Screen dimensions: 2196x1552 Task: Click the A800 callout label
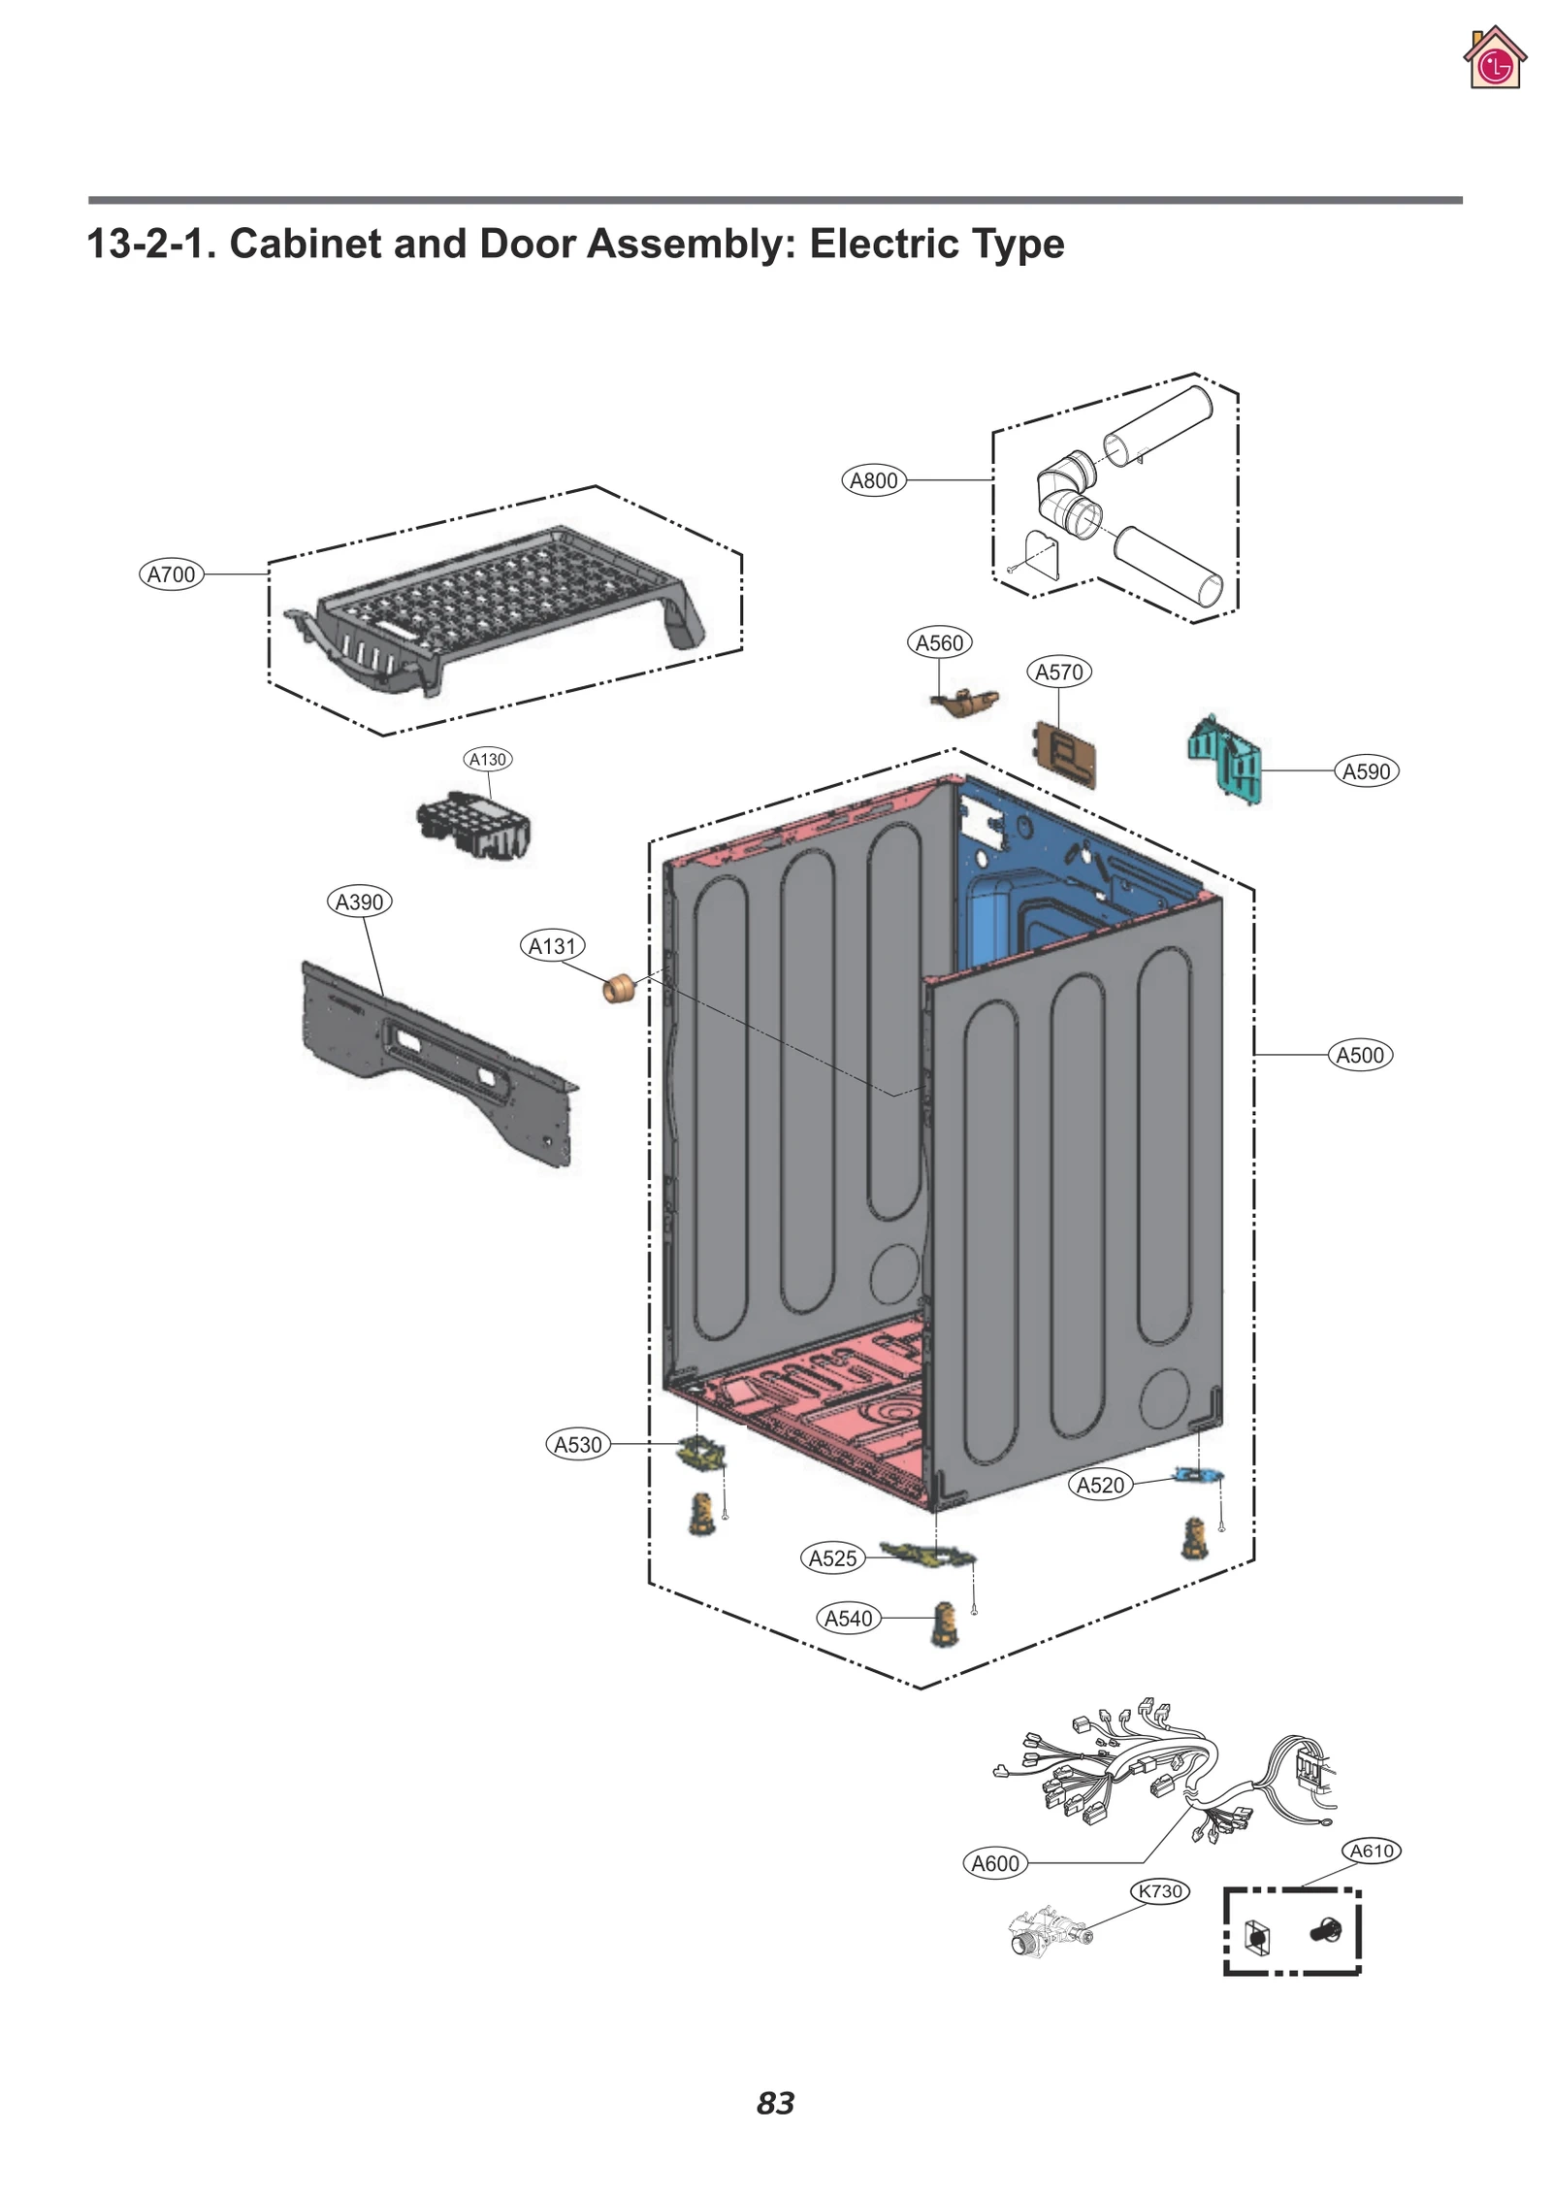pos(873,480)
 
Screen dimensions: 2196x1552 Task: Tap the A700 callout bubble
pos(171,574)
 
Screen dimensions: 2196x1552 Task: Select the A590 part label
pos(1366,771)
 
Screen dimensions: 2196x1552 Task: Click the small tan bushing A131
pos(618,990)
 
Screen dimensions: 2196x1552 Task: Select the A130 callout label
pos(488,759)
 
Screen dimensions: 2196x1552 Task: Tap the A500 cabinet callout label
pos(1360,1055)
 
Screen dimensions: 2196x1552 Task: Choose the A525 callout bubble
pos(833,1557)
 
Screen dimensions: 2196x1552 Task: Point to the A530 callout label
pos(578,1444)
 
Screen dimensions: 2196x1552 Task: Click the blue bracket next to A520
pos(1199,1475)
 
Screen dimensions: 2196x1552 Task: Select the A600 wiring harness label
pos(995,1863)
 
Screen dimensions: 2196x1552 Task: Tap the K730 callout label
pos(1160,1890)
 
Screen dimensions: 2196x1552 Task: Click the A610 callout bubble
pos(1373,1851)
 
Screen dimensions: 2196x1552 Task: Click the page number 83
pos(776,2103)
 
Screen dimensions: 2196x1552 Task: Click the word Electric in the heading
pos(881,244)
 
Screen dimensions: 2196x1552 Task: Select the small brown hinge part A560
pos(965,702)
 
